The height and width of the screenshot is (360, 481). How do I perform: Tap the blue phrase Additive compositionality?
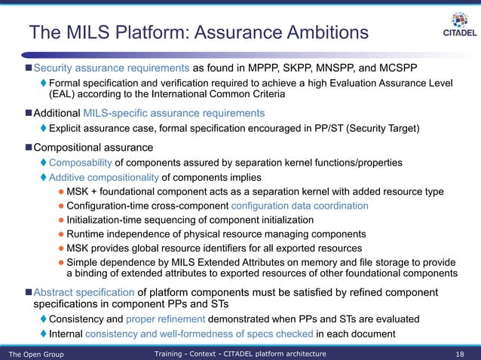(104, 177)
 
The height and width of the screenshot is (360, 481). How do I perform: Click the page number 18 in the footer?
(460, 353)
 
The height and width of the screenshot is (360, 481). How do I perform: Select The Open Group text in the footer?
(35, 353)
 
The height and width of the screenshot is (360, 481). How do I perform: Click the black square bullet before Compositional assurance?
(27, 146)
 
